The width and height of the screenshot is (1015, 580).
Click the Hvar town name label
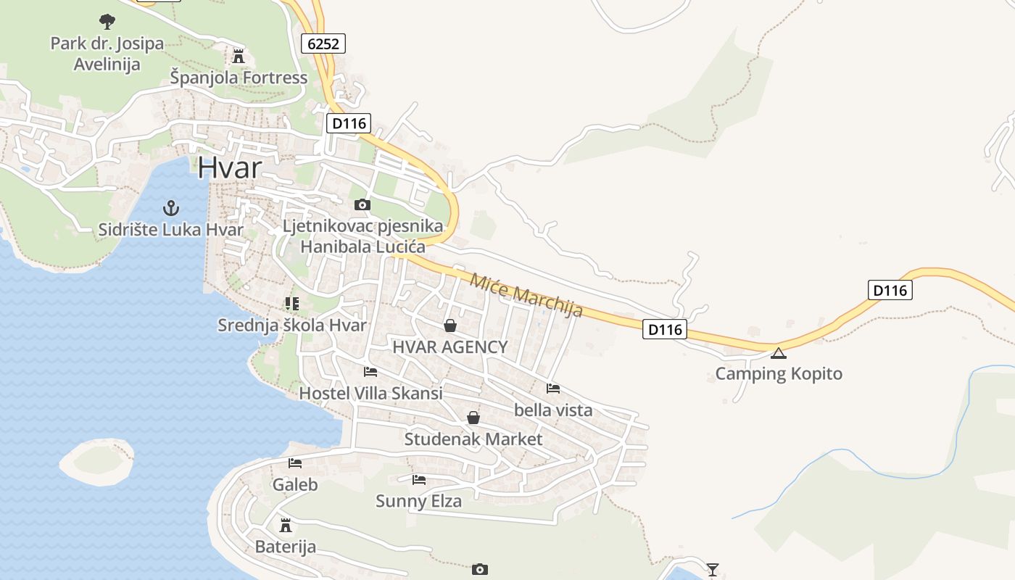click(229, 168)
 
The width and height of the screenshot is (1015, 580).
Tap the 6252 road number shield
click(323, 43)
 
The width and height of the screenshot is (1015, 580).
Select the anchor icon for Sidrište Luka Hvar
click(171, 209)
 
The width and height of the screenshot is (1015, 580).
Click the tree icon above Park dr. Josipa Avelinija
click(107, 21)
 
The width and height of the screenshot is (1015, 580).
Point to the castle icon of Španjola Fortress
click(239, 56)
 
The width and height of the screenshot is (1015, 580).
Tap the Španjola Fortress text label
click(239, 78)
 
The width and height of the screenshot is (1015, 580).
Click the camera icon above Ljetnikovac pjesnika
click(362, 204)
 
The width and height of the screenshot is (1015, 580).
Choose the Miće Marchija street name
click(526, 295)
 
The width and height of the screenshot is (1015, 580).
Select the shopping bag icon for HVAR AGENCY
click(450, 325)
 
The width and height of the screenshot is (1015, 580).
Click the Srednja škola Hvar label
click(292, 326)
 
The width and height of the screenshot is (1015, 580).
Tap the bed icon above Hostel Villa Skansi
click(370, 372)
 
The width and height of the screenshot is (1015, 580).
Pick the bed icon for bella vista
click(553, 388)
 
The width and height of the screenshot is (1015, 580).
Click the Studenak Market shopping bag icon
click(473, 418)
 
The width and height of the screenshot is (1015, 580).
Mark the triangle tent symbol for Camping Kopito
click(779, 354)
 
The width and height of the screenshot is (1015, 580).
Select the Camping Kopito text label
click(779, 374)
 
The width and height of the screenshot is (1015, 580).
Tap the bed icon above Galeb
click(295, 463)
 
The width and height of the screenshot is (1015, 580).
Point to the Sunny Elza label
click(418, 500)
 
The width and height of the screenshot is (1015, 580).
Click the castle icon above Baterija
click(286, 525)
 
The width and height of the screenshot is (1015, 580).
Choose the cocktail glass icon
click(713, 569)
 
